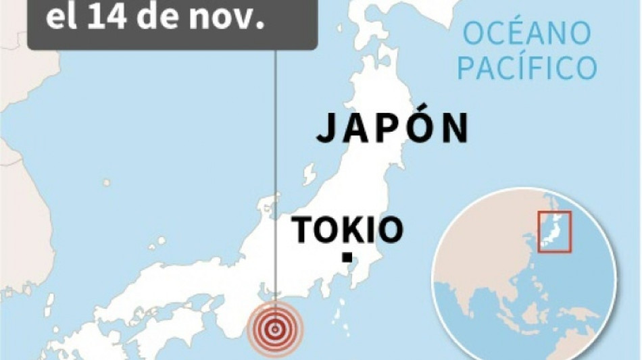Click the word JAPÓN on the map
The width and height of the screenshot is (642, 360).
point(393,128)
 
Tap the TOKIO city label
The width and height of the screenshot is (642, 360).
point(347,230)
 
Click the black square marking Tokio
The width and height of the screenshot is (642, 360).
point(347,257)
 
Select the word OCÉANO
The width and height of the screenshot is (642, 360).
point(527,34)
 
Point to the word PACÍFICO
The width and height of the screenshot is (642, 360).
point(527,68)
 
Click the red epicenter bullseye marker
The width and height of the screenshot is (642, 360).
point(275,329)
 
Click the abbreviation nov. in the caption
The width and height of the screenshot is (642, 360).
point(228,18)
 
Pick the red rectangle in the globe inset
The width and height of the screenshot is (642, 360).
point(555,232)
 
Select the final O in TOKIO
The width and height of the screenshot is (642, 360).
point(391,230)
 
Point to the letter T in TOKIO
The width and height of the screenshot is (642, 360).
point(303,230)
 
